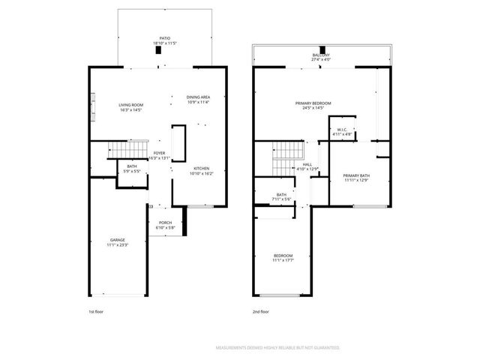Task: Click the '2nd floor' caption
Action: click(260, 310)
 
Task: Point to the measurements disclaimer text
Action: click(278, 348)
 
